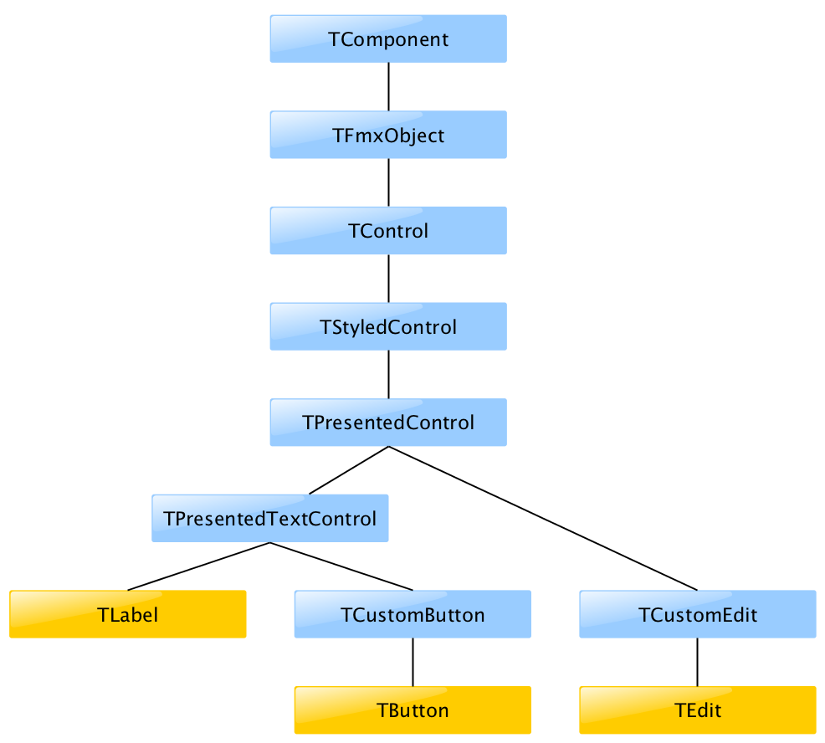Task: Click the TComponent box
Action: click(388, 38)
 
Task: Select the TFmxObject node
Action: click(388, 135)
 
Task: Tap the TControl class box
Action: click(388, 231)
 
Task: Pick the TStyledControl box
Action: click(388, 326)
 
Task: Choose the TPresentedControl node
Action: click(388, 423)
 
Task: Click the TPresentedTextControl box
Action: click(270, 519)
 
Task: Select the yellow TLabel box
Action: click(128, 615)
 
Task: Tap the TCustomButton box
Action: click(412, 615)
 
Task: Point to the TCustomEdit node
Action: click(698, 615)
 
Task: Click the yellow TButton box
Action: click(412, 710)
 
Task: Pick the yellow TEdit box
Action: click(698, 710)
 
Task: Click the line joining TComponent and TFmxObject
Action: click(388, 87)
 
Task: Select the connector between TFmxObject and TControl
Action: click(388, 182)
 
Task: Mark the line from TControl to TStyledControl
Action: click(388, 279)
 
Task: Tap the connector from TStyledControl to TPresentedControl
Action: click(388, 375)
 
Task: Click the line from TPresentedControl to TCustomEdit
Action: click(543, 518)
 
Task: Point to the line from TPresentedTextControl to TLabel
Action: click(199, 566)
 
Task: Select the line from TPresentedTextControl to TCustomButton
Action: click(341, 566)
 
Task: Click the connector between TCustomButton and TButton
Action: click(412, 663)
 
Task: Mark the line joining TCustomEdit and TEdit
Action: click(698, 663)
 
